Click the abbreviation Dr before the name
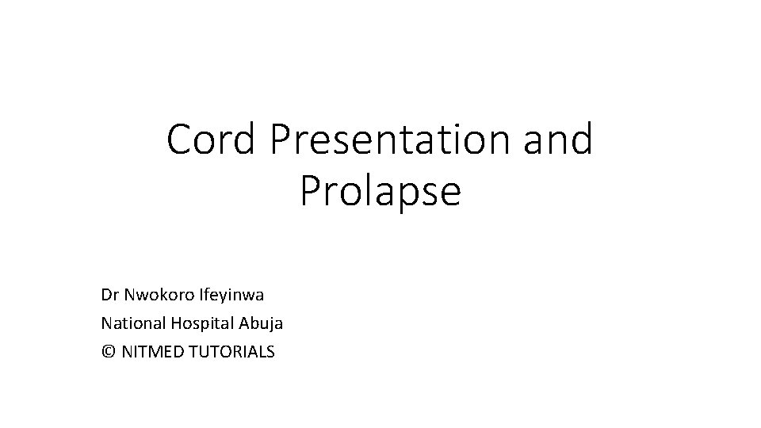pos(109,296)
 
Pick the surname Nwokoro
pos(157,296)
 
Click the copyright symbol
pos(109,350)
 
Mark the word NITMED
pos(151,350)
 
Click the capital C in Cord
pos(181,139)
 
